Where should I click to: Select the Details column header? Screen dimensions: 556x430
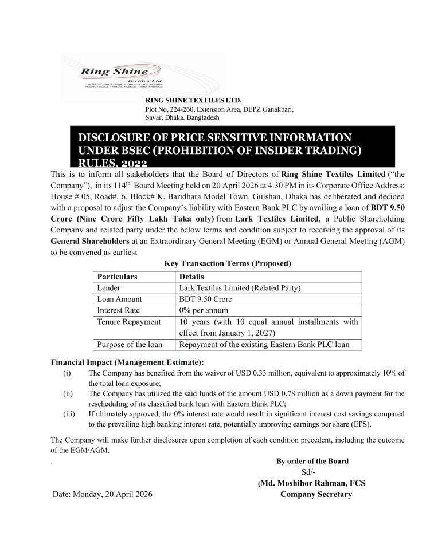tap(191, 277)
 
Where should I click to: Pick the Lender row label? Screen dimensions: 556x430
tap(109, 288)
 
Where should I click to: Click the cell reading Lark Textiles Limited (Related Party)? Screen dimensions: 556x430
tap(240, 288)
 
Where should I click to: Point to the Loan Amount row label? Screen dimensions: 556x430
tap(120, 299)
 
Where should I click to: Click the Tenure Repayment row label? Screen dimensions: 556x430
tap(129, 322)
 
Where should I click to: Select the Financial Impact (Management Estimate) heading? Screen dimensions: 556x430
tap(127, 362)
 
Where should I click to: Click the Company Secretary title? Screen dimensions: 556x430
tap(315, 494)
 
